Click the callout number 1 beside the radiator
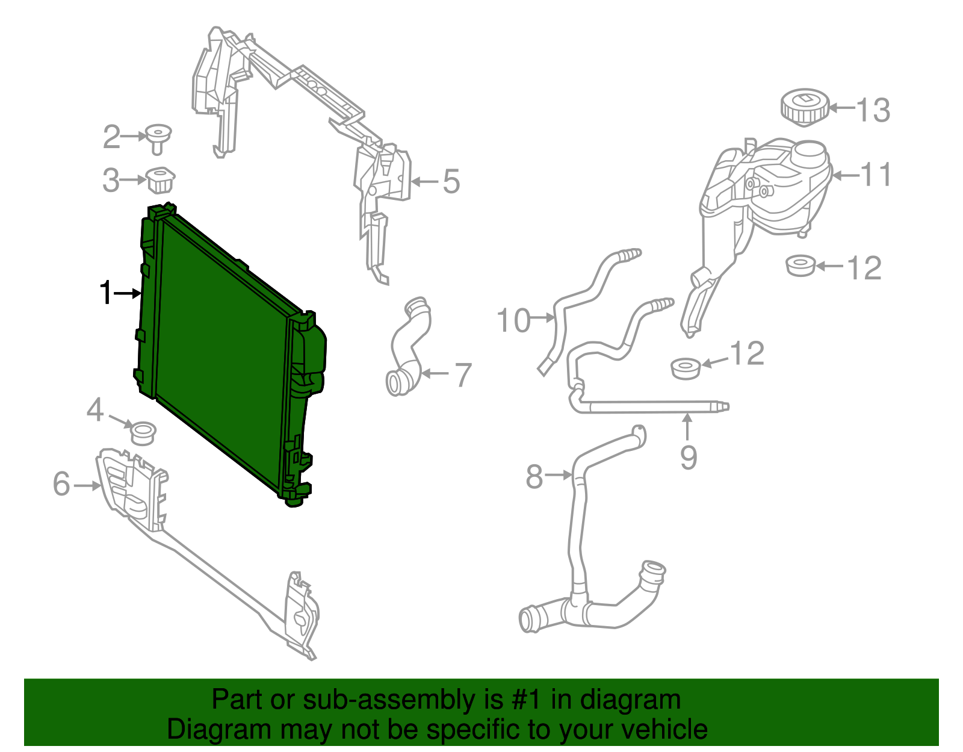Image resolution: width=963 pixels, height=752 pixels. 106,293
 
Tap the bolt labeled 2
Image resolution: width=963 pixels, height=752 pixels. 158,137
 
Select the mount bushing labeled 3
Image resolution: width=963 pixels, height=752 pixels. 159,179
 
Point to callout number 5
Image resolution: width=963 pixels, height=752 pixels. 451,181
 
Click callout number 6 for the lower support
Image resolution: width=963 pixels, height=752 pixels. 61,484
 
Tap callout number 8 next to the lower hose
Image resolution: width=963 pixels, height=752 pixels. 534,476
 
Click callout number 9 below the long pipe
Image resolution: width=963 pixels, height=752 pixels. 689,458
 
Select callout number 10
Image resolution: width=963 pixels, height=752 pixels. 513,320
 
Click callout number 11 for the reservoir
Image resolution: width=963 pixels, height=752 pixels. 876,175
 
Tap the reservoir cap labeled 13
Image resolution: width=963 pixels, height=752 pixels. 804,107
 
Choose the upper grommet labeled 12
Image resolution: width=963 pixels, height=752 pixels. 800,266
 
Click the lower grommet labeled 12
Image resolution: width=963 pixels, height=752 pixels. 686,368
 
